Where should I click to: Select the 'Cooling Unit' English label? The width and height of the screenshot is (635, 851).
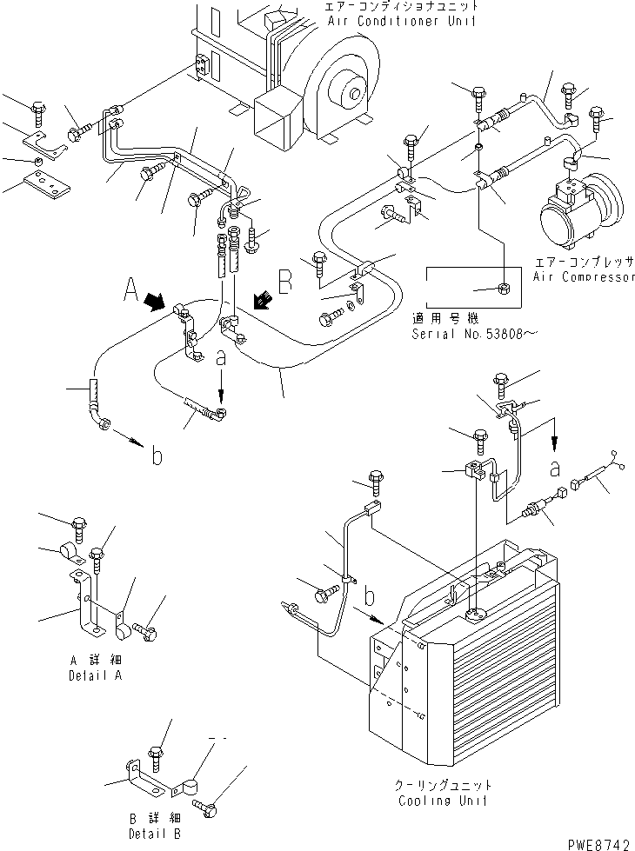pyautogui.click(x=442, y=801)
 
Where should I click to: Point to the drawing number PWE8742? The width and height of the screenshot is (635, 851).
pyautogui.click(x=600, y=841)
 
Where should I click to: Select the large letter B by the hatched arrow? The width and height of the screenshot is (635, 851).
pyautogui.click(x=286, y=280)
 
